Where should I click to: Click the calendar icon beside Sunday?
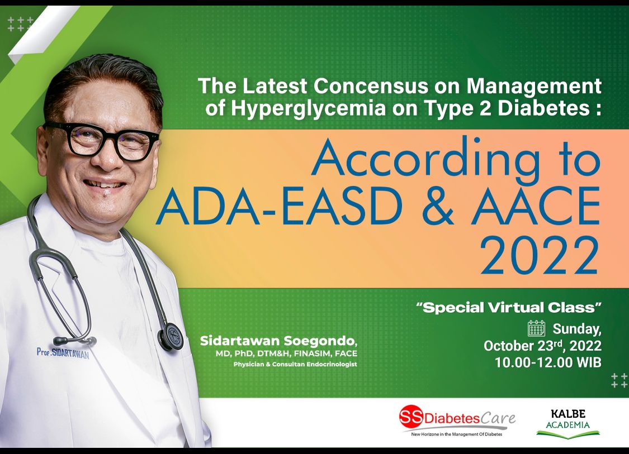[536, 328]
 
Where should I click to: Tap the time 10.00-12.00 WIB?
[548, 362]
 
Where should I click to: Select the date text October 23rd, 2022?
[542, 346]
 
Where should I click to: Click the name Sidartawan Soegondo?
[278, 341]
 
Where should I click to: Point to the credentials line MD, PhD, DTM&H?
[286, 353]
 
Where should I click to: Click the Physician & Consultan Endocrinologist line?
[295, 364]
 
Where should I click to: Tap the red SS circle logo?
[411, 417]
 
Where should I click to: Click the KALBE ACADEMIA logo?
[567, 423]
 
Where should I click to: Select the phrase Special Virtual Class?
[509, 307]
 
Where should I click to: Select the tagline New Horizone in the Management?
[456, 434]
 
